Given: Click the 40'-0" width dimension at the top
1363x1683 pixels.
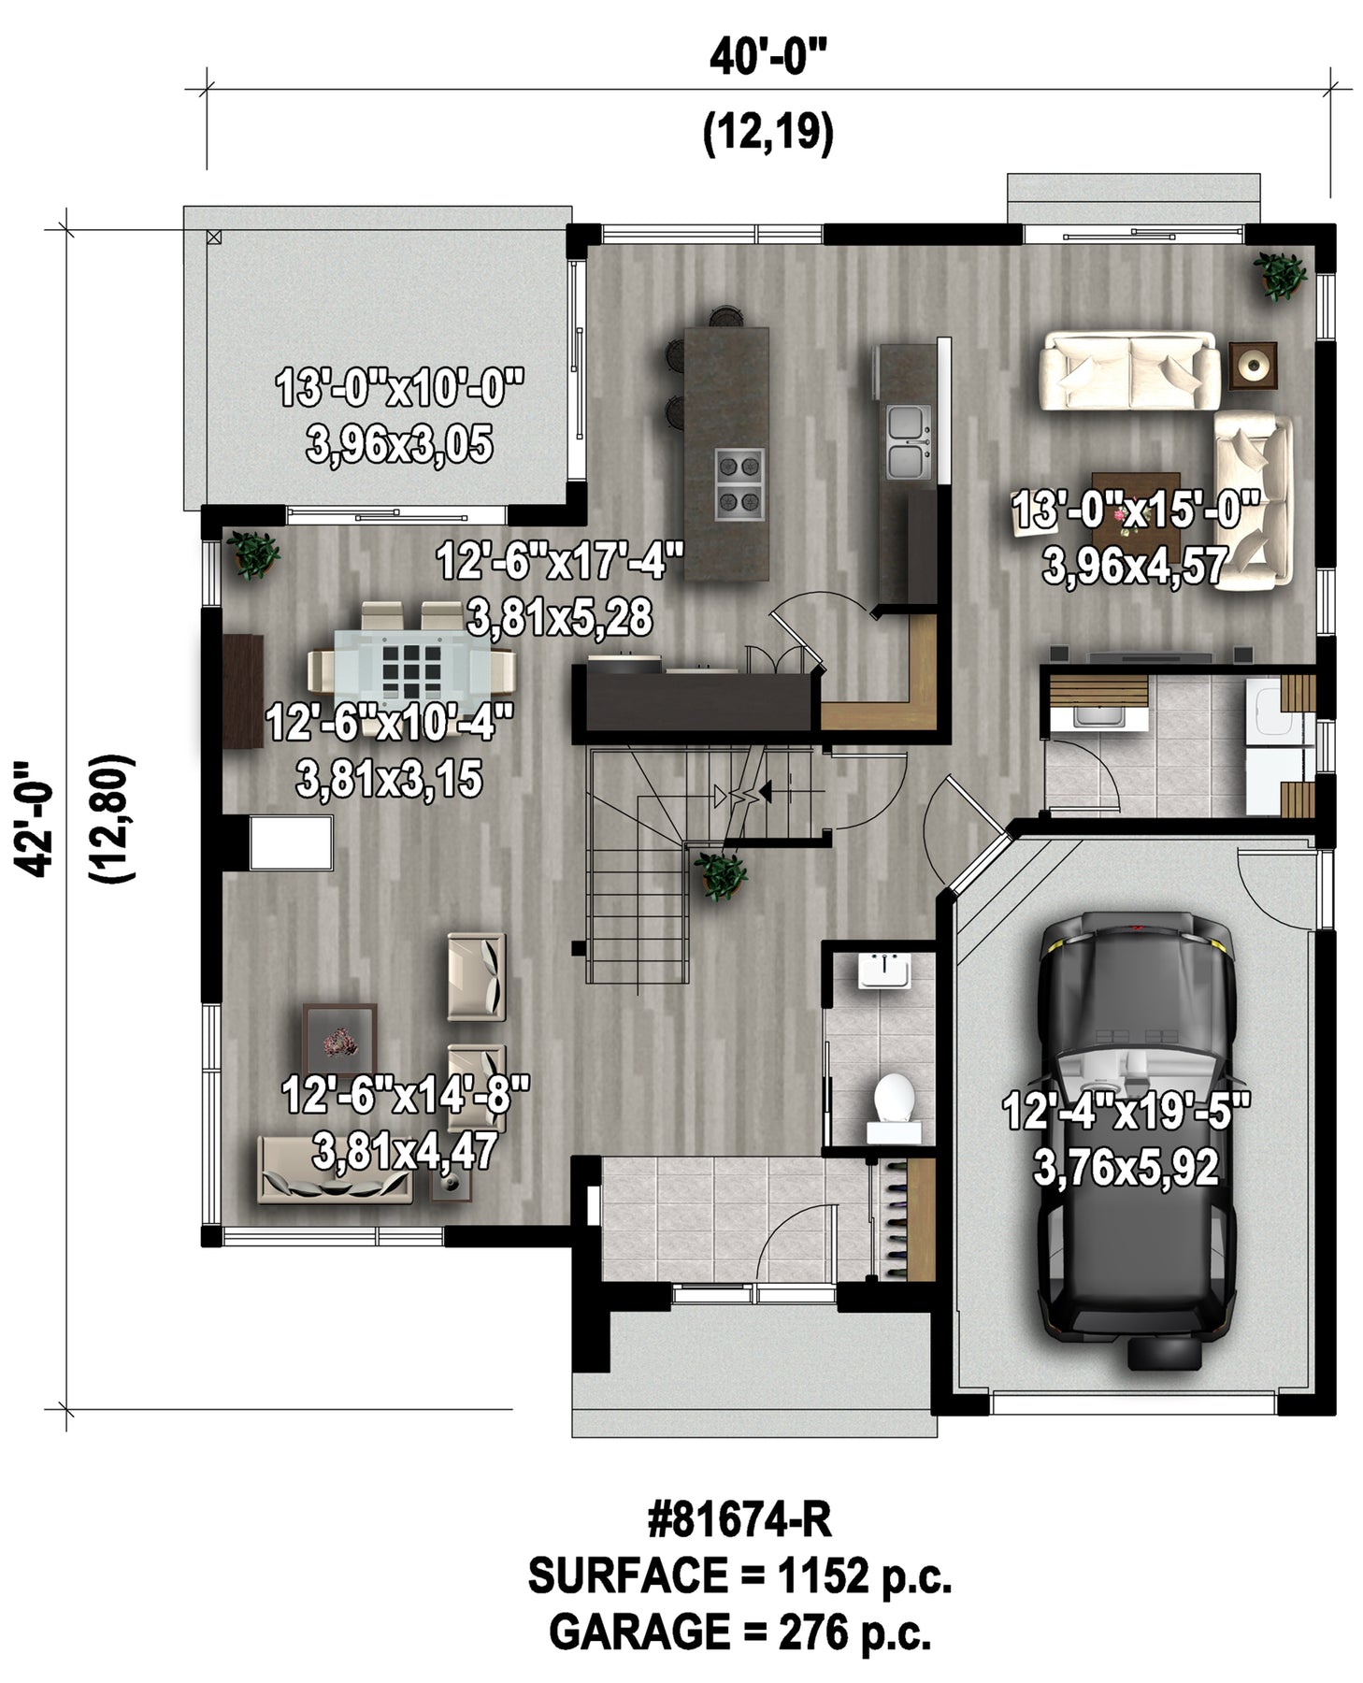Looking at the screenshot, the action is click(x=768, y=58).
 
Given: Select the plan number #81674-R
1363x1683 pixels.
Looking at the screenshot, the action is click(x=739, y=1519).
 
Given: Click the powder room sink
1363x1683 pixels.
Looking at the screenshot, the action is click(x=883, y=970).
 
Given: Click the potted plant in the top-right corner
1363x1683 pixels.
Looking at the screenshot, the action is click(x=1279, y=276).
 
